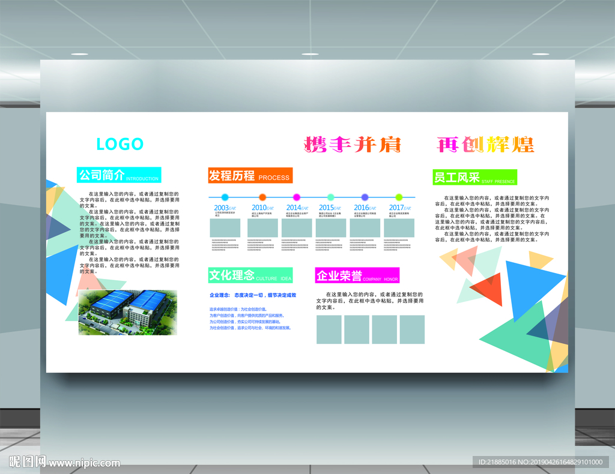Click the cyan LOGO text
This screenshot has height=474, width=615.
click(x=120, y=144)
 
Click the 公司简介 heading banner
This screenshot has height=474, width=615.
click(x=119, y=175)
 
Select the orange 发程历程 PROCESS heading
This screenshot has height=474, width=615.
click(x=250, y=176)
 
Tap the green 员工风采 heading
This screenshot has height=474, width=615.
click(x=474, y=178)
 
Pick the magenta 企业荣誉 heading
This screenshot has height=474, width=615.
click(x=357, y=276)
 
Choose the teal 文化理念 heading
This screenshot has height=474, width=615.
click(x=250, y=275)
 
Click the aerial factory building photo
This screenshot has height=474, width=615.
click(x=128, y=312)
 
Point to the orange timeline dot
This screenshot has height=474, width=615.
click(x=262, y=197)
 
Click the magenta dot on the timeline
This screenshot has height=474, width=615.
click(x=296, y=197)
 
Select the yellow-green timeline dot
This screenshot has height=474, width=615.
click(x=399, y=197)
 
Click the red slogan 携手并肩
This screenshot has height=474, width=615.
click(x=353, y=145)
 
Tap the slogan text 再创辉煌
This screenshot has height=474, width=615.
click(x=485, y=145)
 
